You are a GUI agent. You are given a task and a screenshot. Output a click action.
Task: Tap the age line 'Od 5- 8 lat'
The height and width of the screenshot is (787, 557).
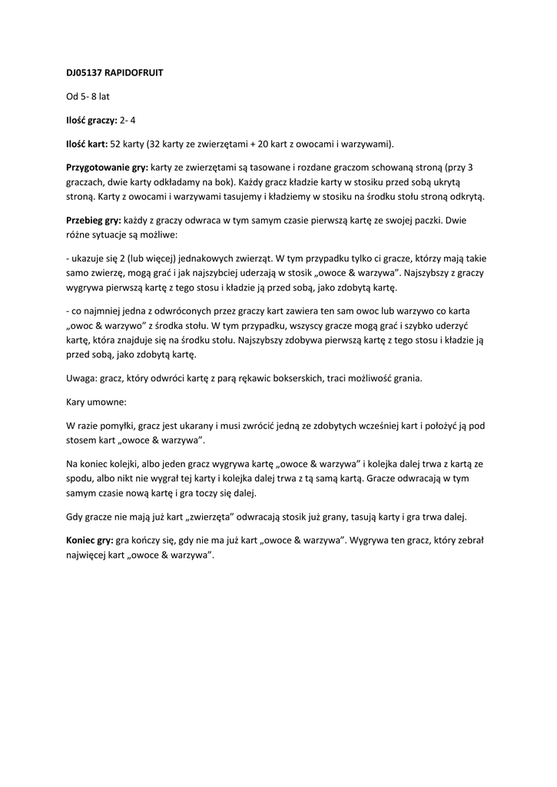(88, 97)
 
